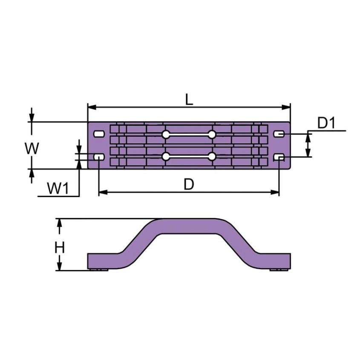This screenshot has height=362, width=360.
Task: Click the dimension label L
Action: coord(189,99)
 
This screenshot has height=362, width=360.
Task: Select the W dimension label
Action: coord(32,149)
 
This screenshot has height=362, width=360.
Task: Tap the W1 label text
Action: coord(58,188)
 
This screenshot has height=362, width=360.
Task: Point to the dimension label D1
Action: coord(327,123)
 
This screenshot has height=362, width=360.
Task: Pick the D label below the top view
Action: coord(189,184)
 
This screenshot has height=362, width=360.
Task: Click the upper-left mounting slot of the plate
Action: coord(99,134)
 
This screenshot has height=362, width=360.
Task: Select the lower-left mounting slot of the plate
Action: coord(99,157)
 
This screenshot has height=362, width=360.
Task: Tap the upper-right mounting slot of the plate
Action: coord(279,134)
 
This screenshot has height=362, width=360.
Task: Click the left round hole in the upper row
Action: coord(166,135)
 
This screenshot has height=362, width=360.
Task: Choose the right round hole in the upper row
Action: coord(212,135)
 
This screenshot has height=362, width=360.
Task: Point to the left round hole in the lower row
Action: coord(166,157)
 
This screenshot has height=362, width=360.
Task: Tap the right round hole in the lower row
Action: coord(212,157)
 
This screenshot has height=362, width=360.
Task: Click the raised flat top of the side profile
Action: coord(189,226)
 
